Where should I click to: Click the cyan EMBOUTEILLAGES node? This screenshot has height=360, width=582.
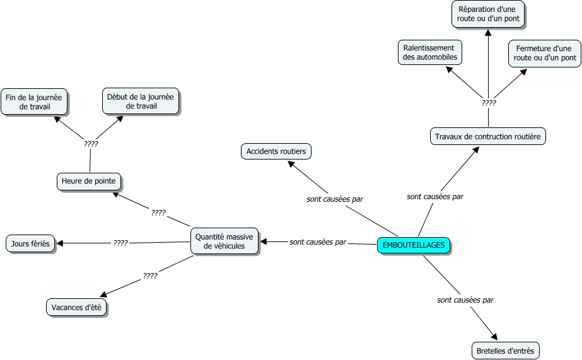click(414, 245)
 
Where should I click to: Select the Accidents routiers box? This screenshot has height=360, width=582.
click(276, 151)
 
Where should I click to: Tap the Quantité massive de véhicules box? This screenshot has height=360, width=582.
click(224, 241)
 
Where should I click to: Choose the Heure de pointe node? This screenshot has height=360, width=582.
click(89, 182)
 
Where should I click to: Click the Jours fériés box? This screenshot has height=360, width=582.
click(30, 244)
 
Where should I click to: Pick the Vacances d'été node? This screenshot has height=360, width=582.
click(76, 307)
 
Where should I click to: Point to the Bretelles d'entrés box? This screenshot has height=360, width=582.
click(506, 351)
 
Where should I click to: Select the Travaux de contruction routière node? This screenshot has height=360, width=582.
click(487, 136)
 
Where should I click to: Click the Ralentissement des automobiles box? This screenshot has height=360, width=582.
click(430, 52)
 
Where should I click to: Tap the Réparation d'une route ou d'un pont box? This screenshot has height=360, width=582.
click(488, 14)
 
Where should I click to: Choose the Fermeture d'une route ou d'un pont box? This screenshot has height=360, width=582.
click(545, 54)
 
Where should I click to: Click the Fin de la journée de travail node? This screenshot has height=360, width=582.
click(34, 102)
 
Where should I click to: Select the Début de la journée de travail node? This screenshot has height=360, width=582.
click(141, 101)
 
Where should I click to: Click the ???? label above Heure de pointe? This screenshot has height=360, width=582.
click(91, 144)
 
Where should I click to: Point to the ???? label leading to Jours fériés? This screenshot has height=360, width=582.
click(120, 243)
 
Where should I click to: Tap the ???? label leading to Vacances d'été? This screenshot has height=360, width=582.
click(150, 276)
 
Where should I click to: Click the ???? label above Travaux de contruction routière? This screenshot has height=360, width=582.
click(489, 103)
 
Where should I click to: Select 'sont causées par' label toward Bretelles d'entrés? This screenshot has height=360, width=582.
click(465, 300)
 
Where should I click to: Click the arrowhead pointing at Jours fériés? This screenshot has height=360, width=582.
click(59, 243)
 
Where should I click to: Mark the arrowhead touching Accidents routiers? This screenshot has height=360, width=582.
click(291, 164)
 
